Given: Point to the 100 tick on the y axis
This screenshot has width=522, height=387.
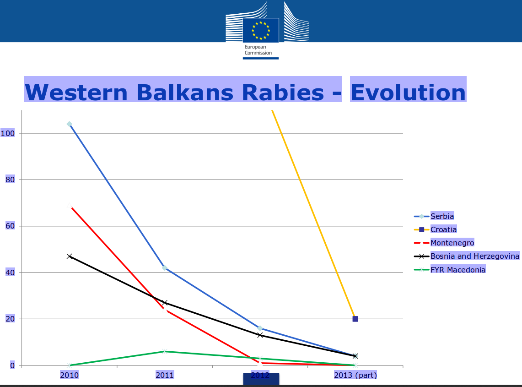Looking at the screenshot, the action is click(8, 133).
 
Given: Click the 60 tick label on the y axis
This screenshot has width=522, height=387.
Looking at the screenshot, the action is click(10, 226).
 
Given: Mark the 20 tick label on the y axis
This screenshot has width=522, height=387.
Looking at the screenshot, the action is click(10, 319).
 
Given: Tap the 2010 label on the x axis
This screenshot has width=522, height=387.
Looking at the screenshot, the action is click(69, 376).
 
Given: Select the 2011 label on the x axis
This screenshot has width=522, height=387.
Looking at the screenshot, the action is click(165, 376).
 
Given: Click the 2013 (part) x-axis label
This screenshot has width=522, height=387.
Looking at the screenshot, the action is click(355, 376).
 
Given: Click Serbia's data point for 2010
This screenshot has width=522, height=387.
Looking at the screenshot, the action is click(69, 124).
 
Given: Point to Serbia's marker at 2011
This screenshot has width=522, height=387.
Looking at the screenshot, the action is click(164, 268).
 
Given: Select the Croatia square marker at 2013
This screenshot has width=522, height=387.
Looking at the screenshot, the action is click(355, 319).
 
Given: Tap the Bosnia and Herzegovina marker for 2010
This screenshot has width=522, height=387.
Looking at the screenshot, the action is click(69, 256).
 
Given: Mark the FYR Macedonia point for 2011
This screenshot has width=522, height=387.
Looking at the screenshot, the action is click(164, 351).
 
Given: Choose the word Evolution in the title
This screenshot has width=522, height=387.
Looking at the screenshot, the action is click(408, 93).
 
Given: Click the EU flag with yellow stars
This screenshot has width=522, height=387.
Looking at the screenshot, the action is click(261, 30).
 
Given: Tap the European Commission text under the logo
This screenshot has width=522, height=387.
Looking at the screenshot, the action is click(258, 50).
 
